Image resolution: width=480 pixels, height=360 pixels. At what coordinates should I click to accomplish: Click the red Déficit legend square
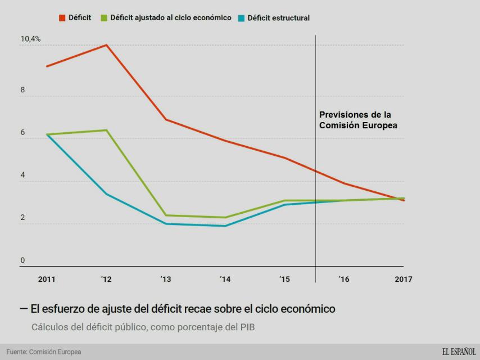pyautogui.click(x=62, y=18)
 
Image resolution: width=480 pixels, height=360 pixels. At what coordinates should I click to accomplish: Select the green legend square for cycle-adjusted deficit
pyautogui.click(x=104, y=18)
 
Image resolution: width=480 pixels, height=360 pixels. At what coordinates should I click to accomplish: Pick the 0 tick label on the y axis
pyautogui.click(x=23, y=260)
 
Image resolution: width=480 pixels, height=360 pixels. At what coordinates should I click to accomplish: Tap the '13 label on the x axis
pyautogui.click(x=166, y=278)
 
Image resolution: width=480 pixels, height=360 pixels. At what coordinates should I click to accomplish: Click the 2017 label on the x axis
pyautogui.click(x=403, y=278)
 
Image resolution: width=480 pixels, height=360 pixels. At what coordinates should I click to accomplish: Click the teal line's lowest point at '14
pyautogui.click(x=225, y=226)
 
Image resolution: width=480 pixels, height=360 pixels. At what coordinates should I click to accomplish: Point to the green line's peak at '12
pyautogui.click(x=107, y=130)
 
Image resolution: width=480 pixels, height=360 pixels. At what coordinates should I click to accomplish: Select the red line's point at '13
pyautogui.click(x=166, y=119)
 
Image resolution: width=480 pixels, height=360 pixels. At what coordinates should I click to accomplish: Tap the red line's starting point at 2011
pyautogui.click(x=47, y=66)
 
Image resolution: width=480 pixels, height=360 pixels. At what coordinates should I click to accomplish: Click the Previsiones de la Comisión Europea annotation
pyautogui.click(x=359, y=120)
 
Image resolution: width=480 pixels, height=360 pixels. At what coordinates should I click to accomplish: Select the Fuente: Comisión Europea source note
pyautogui.click(x=43, y=352)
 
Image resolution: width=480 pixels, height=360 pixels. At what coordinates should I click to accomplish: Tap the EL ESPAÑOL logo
pyautogui.click(x=458, y=352)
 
